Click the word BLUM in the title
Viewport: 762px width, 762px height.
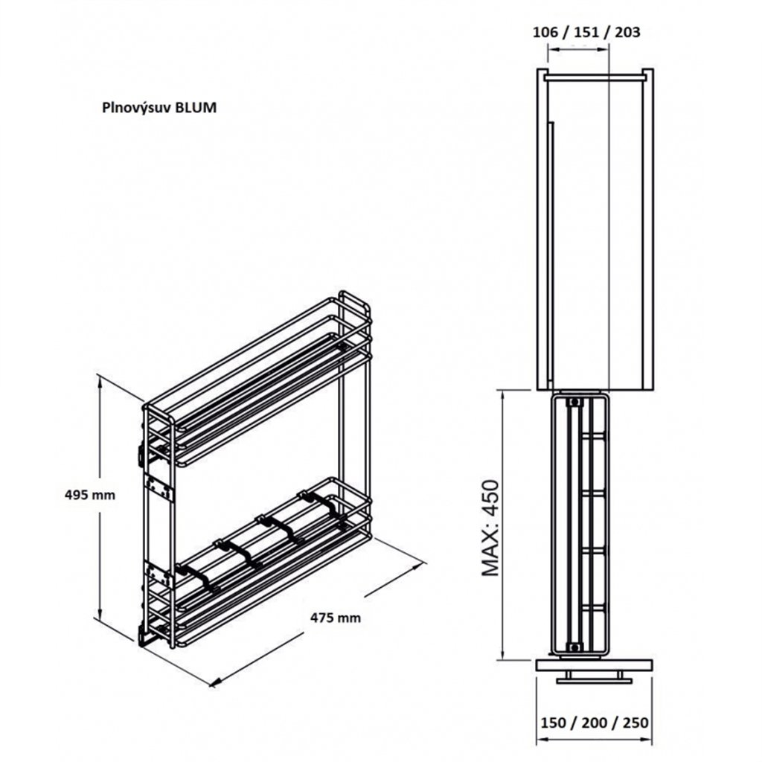(x=198, y=106)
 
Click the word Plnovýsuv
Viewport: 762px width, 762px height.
(x=138, y=107)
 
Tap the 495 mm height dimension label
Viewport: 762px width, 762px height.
(x=90, y=495)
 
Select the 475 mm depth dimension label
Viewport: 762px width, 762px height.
(x=336, y=617)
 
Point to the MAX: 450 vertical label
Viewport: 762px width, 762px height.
(x=491, y=528)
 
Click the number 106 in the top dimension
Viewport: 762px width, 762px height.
(x=547, y=32)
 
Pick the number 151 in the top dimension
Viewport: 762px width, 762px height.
(x=586, y=32)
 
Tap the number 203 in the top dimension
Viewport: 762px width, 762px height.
(x=626, y=32)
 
